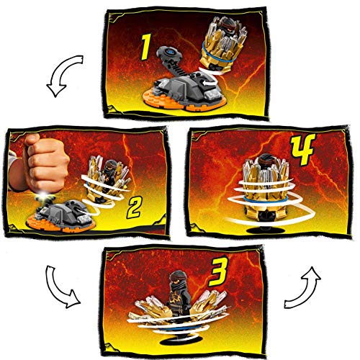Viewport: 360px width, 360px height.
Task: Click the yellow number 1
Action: point(146,47)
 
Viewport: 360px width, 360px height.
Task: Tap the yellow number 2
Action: point(135,207)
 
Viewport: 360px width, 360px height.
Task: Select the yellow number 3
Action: point(218,271)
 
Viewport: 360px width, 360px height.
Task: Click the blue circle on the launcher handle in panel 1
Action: point(170,52)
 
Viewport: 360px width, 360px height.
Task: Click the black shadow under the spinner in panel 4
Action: point(265,230)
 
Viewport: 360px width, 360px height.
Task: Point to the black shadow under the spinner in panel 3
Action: point(178,341)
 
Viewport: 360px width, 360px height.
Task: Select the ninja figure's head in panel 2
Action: point(111,166)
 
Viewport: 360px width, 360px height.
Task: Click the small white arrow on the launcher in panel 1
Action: point(206,84)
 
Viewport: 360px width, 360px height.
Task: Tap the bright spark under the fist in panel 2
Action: point(44,196)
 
